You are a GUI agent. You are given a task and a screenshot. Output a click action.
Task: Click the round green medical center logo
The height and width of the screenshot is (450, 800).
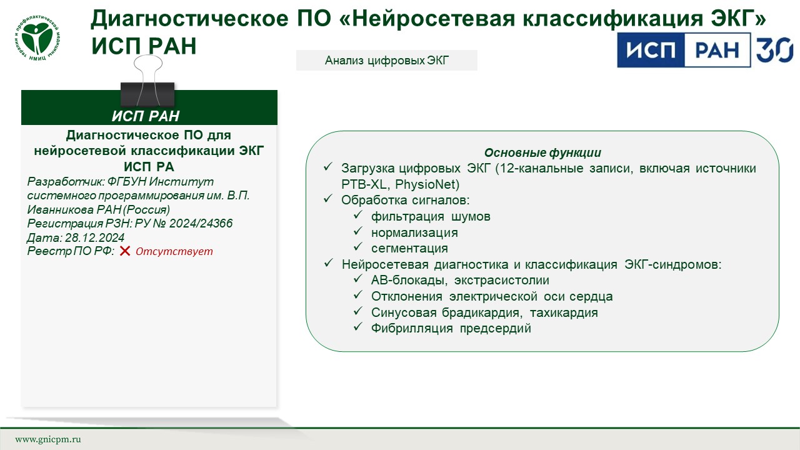coord(37,38)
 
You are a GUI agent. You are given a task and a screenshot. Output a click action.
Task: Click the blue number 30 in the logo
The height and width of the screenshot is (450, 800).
coord(774,51)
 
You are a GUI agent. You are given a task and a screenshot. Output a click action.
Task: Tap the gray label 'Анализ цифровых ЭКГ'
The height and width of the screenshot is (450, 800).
coord(386,61)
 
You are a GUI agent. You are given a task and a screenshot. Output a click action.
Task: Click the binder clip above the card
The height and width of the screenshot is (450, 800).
coord(147,81)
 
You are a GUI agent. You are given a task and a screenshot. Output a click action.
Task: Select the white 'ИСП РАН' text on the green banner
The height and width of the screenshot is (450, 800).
coord(146,116)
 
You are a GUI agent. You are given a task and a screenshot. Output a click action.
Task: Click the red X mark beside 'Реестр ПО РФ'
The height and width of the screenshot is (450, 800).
coord(124,251)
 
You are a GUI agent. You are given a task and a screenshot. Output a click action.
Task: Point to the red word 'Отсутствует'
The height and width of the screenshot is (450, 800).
coord(174,251)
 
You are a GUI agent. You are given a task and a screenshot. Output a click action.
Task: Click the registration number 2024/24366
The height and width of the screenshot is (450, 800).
coord(201,223)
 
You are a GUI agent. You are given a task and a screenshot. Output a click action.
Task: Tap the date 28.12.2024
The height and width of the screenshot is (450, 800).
coord(94,237)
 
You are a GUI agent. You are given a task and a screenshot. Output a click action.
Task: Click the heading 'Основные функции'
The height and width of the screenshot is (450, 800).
coord(542,153)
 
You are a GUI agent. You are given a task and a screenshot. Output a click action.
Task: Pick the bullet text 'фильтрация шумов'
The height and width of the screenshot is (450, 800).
coord(431,216)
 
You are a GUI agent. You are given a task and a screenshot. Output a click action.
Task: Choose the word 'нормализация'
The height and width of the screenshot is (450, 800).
coord(414,232)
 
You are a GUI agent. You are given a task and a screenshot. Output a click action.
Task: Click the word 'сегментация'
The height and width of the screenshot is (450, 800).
coord(409,248)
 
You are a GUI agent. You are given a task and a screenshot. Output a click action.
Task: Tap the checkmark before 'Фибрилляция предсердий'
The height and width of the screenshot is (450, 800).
coord(358,326)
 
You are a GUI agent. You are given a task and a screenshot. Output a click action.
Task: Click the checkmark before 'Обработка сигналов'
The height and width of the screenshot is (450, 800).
coord(328,198)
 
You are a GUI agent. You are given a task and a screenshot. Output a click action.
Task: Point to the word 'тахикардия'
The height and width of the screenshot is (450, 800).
coord(564,312)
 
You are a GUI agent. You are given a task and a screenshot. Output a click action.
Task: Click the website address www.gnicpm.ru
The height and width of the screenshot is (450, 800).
coord(48,439)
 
